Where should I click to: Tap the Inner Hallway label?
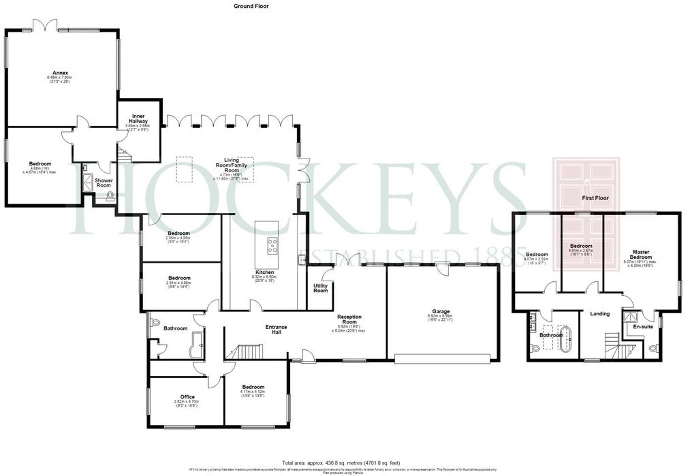point(138,118)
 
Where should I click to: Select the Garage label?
point(441,311)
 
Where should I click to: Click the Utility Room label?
point(320,288)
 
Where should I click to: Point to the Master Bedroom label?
point(641,254)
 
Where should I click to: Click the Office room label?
point(187,397)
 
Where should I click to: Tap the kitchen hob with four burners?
point(272,245)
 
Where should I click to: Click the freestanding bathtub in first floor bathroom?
point(565,338)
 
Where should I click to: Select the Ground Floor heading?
point(251,6)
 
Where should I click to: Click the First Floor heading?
point(595,198)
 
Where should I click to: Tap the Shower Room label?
point(104,183)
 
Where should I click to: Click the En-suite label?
point(643,327)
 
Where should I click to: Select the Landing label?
point(599,314)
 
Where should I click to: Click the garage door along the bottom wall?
point(442,359)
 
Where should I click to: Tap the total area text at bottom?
point(341,463)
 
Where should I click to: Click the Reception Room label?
point(349,319)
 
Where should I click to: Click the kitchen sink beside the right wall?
point(301,259)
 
